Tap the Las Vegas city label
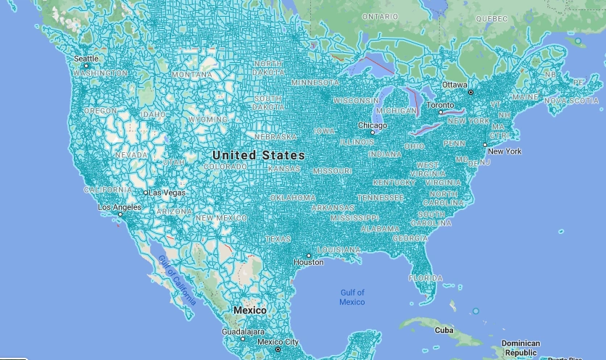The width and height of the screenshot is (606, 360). click(167, 193)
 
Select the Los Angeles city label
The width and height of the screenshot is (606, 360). click(120, 208)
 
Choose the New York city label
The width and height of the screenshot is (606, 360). click(505, 151)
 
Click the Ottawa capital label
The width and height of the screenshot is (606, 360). click(455, 85)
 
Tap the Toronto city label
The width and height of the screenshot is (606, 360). click(439, 105)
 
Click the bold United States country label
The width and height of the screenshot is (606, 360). click(259, 155)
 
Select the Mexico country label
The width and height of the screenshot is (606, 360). click(249, 310)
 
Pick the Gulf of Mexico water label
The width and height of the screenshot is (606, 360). click(352, 297)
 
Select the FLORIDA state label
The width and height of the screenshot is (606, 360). click(425, 278)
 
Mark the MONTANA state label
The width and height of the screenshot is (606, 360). click(191, 75)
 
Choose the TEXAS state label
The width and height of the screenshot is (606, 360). click(278, 238)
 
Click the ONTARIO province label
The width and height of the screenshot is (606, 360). click(380, 15)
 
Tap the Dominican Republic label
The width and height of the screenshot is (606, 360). click(522, 348)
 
